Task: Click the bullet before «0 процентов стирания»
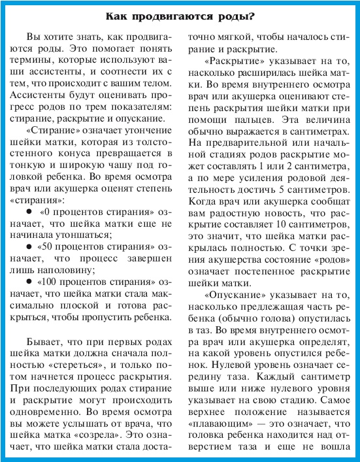pos(27,212)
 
